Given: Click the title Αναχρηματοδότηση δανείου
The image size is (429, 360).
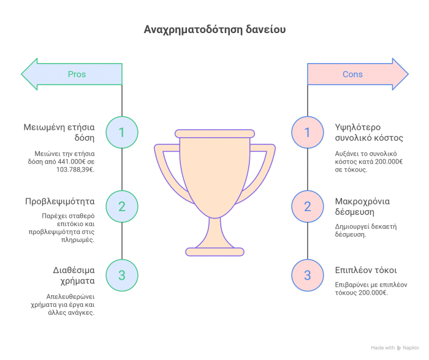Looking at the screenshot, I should tap(214, 29).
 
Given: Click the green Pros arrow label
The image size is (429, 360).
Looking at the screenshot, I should tap(76, 74).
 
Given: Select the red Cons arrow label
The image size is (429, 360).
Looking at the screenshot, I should tap(352, 74).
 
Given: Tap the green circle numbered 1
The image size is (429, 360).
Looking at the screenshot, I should tap(121, 132).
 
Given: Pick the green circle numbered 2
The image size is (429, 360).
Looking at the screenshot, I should tap(121, 206).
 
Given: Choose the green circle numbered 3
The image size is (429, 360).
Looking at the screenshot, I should tap(121, 275).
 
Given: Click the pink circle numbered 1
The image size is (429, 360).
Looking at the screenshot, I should tap(307, 132).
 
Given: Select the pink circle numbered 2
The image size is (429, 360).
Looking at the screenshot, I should tap(307, 206).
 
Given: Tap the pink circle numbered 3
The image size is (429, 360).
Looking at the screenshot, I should tap(307, 275).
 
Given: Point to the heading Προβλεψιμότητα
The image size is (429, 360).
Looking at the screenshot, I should tap(59, 201).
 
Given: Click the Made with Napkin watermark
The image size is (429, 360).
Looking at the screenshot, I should tap(395, 348).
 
